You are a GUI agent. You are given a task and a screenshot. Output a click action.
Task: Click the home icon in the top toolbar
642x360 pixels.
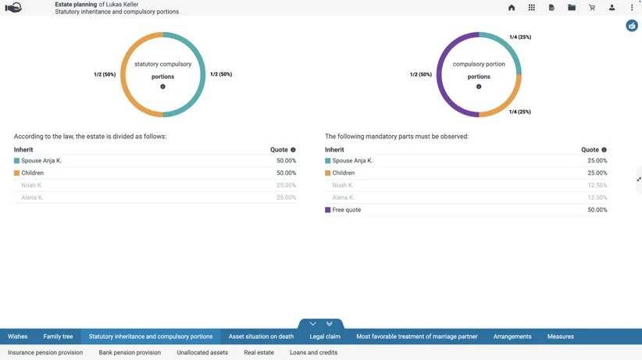click(512, 7)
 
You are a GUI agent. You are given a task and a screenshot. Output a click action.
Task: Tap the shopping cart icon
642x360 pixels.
click(592, 7)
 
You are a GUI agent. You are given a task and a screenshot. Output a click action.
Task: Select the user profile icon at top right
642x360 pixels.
click(612, 7)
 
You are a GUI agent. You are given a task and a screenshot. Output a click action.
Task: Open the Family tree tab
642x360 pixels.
click(58, 337)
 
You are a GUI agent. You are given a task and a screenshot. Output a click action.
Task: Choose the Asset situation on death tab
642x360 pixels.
click(261, 337)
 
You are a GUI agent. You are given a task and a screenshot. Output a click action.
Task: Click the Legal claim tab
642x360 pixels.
click(325, 337)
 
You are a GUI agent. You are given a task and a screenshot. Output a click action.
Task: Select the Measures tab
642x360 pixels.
click(561, 337)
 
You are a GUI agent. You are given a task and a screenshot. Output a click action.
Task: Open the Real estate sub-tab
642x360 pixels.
click(259, 352)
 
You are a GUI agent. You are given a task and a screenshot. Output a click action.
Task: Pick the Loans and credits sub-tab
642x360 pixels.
click(314, 352)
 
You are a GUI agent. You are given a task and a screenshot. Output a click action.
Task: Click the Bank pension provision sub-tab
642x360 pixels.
click(130, 352)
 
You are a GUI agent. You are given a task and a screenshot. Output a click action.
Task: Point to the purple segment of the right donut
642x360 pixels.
click(439, 74)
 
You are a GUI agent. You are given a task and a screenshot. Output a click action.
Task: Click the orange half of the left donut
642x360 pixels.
click(123, 74)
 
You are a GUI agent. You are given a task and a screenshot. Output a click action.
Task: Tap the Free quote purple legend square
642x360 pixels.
click(327, 210)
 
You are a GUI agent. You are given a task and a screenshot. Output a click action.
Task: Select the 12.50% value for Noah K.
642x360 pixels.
click(597, 185)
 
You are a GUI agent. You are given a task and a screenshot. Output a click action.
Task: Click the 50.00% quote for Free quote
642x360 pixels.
click(597, 210)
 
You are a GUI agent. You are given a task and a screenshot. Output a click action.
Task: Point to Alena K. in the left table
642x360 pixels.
click(32, 198)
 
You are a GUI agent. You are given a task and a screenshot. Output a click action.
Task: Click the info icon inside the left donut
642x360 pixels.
click(163, 87)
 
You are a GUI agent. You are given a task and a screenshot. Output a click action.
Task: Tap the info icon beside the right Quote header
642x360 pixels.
click(604, 150)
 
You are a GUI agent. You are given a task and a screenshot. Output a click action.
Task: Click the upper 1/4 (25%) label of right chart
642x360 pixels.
click(520, 37)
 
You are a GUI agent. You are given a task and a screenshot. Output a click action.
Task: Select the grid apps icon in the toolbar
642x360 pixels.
click(531, 7)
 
